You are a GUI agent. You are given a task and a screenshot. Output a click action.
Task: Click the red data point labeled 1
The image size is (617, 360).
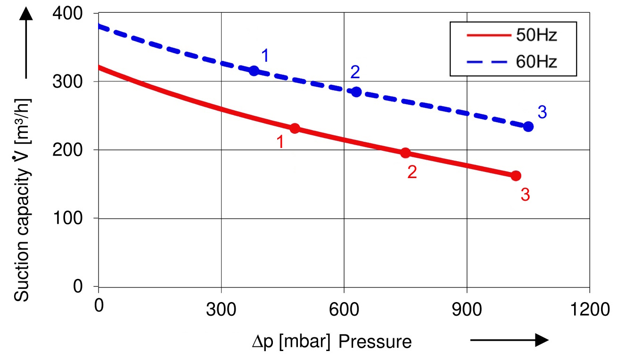click(295, 128)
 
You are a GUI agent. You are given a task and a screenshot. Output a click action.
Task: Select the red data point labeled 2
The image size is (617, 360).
click(405, 153)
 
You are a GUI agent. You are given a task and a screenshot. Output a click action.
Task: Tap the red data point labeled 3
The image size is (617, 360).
click(516, 176)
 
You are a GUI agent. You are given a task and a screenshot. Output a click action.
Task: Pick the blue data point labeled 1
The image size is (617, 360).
click(254, 71)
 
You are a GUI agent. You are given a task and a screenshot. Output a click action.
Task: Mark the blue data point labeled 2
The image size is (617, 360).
click(356, 92)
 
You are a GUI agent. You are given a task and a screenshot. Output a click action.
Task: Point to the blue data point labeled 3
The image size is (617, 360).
click(528, 126)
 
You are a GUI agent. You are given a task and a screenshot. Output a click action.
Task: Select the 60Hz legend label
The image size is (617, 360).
click(537, 62)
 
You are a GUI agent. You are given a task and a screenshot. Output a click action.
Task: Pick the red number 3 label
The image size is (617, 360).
click(525, 195)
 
